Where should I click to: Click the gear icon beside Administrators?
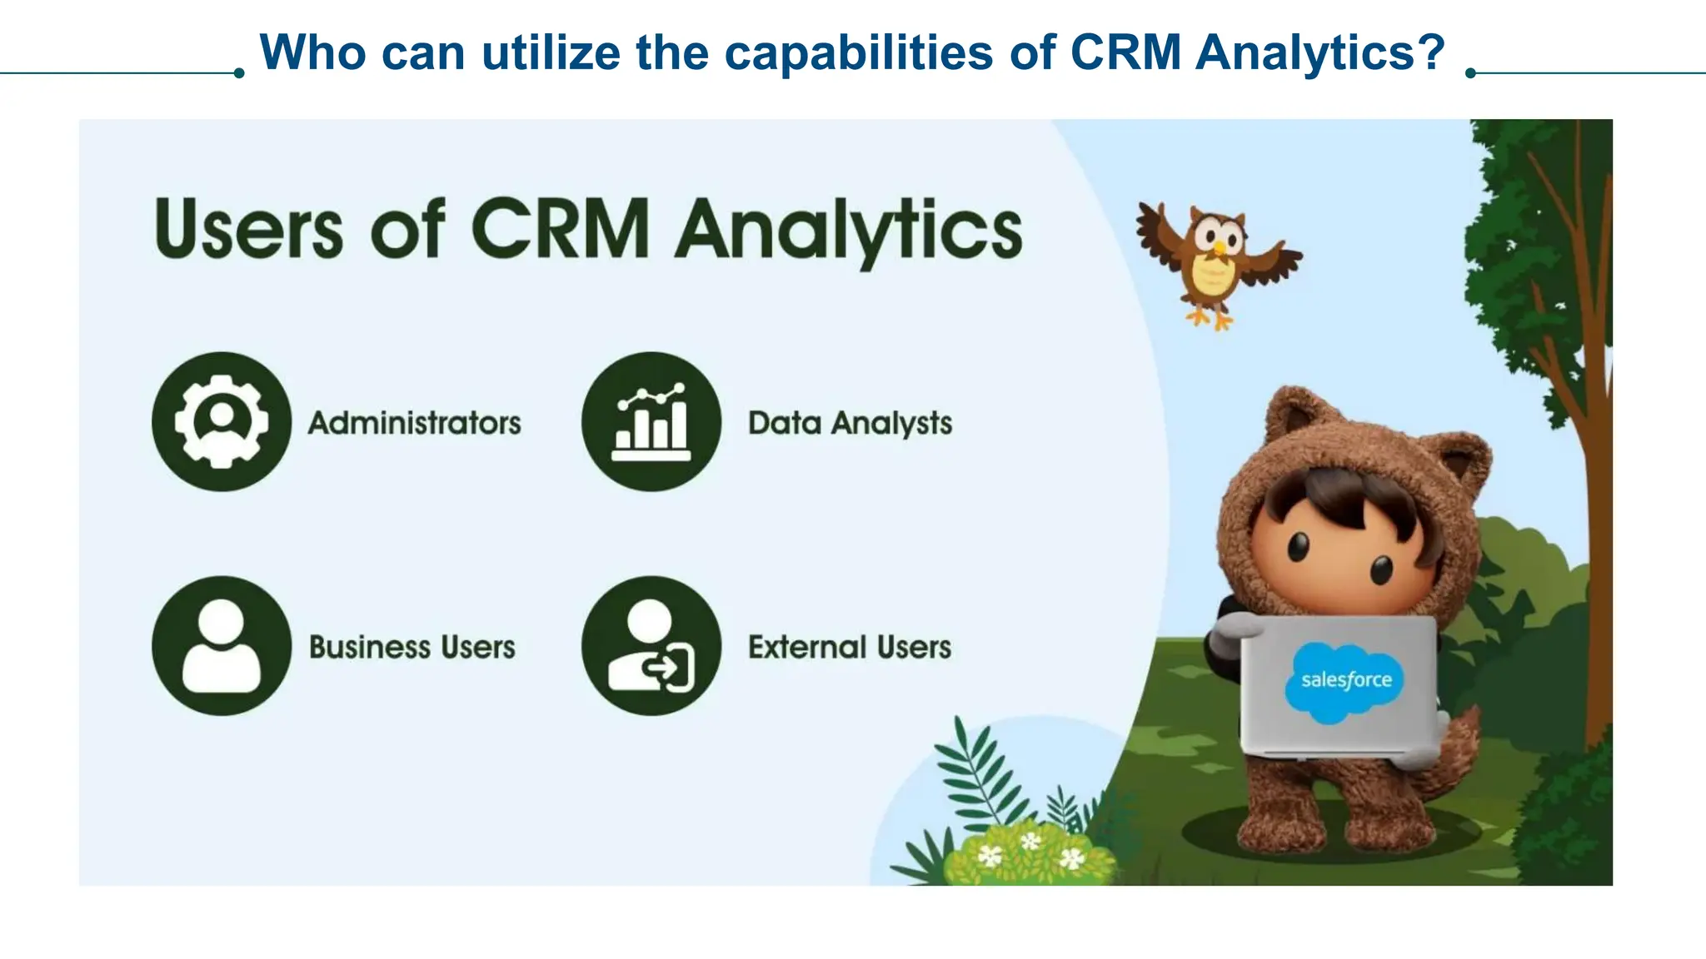pyautogui.click(x=222, y=421)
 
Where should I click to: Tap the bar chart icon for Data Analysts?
pyautogui.click(x=651, y=421)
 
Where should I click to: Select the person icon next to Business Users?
pyautogui.click(x=222, y=646)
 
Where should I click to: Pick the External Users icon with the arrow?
pyautogui.click(x=651, y=646)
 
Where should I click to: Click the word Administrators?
pyautogui.click(x=415, y=423)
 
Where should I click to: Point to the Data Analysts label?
pyautogui.click(x=850, y=423)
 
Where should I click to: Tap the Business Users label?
pyautogui.click(x=412, y=647)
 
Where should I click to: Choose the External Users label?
pyautogui.click(x=850, y=647)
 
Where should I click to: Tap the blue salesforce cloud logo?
pyautogui.click(x=1346, y=680)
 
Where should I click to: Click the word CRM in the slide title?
pyautogui.click(x=1125, y=52)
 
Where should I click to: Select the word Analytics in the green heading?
pyautogui.click(x=848, y=231)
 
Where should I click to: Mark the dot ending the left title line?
pyautogui.click(x=239, y=73)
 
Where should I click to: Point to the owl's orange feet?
pyautogui.click(x=1210, y=319)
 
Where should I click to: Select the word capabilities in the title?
pyautogui.click(x=859, y=52)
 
